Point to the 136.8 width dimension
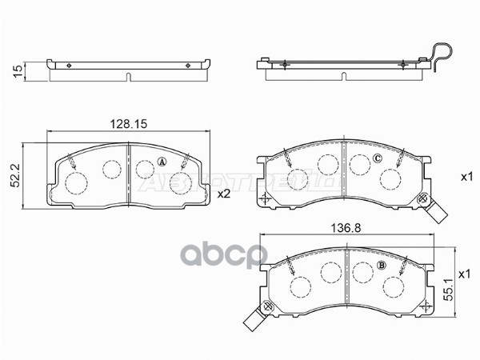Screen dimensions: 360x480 pos(346,227)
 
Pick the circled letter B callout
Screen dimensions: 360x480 pos(382,266)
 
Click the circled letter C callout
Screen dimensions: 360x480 pos(376,158)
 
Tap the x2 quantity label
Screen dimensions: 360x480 pos(225,193)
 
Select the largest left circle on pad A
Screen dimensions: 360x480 pos(77,183)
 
